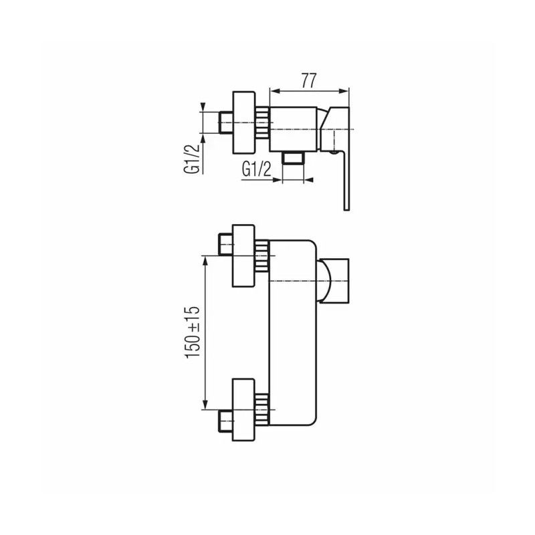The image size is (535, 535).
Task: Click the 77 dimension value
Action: (x=309, y=80)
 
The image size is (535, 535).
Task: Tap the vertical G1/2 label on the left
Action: (x=191, y=159)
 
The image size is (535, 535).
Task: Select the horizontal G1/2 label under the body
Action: (x=256, y=169)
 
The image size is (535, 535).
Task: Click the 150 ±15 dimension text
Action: (x=193, y=332)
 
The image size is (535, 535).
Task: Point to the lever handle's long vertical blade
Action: (x=346, y=181)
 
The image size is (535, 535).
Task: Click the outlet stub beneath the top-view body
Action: (x=293, y=158)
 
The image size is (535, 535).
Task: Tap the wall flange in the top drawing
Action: (x=243, y=122)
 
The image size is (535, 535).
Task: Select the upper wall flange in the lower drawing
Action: (x=243, y=255)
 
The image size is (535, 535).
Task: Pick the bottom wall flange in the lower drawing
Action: (x=243, y=409)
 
